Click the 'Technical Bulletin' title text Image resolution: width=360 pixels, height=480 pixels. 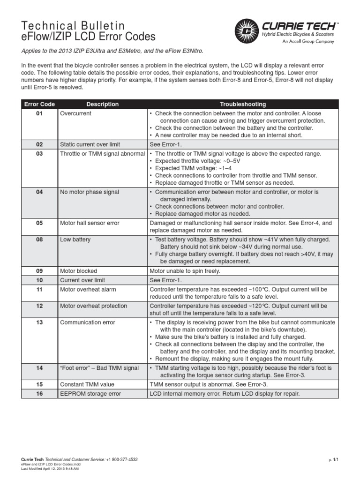pos(74,26)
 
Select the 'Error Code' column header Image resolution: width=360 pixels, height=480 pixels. pos(39,104)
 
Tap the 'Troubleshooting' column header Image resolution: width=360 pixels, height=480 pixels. pos(243,104)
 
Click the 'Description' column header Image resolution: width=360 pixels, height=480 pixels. pos(102,104)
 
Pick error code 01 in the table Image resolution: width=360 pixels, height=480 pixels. pos(39,113)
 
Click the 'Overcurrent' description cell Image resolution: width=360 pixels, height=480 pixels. pos(75,113)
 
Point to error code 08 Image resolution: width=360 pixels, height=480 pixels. pos(39,240)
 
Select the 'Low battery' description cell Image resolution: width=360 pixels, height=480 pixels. pos(75,240)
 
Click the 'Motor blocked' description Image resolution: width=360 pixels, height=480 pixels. pos(78,271)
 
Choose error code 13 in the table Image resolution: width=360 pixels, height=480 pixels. pos(39,322)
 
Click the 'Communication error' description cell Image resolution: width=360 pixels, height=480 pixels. pos(87,322)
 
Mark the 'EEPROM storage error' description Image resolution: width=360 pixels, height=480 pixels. pos(90,394)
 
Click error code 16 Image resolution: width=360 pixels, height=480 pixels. pos(39,394)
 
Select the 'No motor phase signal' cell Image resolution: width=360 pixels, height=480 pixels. pos(89,192)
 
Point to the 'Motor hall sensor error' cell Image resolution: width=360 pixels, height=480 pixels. pos(90,223)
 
